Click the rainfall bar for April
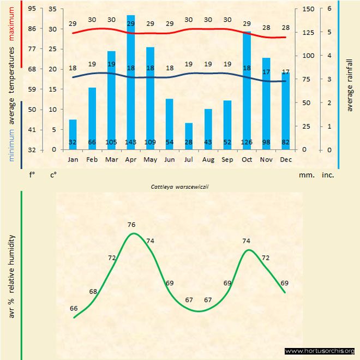(131, 82)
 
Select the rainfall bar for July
(189, 136)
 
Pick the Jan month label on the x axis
(73, 159)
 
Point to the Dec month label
(286, 159)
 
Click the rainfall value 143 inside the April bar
(131, 143)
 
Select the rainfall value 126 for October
(247, 143)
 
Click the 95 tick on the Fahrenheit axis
(32, 9)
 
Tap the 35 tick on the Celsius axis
(52, 9)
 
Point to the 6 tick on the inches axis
(329, 9)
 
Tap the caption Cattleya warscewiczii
(181, 186)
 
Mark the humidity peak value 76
(131, 225)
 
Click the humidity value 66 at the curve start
(74, 308)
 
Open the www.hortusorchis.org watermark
(320, 351)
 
